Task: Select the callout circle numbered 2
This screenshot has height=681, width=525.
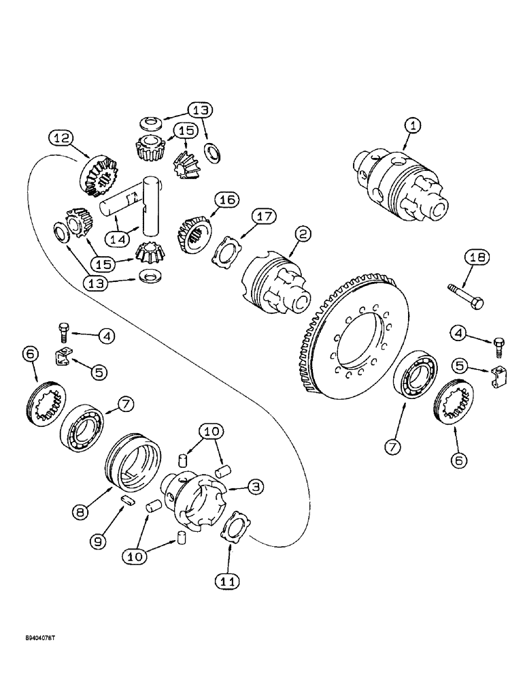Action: pos(301,233)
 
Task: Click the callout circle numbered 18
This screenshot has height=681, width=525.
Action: pos(477,257)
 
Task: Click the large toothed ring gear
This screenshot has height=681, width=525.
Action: pos(354,340)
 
